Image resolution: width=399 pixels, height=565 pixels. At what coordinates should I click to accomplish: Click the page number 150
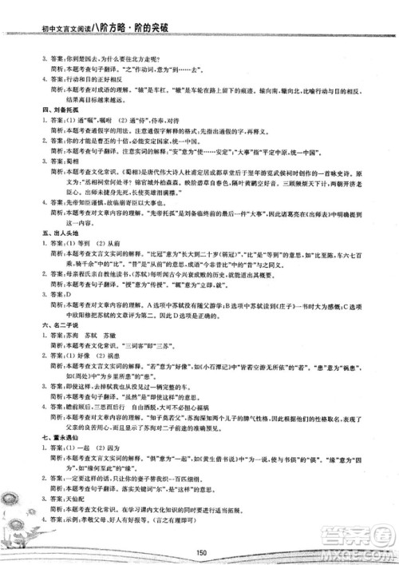pyautogui.click(x=200, y=550)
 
